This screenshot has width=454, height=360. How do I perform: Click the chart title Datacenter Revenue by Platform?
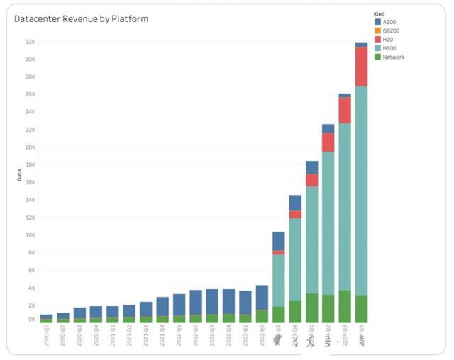[82, 19]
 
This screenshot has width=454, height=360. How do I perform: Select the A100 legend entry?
[388, 22]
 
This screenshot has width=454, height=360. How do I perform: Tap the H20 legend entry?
[387, 40]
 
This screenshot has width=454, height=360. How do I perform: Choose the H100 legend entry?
[389, 48]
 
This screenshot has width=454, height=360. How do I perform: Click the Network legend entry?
[393, 57]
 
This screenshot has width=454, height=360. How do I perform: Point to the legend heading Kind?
[380, 13]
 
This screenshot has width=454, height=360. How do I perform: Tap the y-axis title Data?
[19, 175]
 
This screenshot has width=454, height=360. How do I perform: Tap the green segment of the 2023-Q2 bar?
[262, 316]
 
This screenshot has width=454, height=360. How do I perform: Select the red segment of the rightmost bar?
[361, 67]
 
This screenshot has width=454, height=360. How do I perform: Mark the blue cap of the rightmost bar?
[361, 45]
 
